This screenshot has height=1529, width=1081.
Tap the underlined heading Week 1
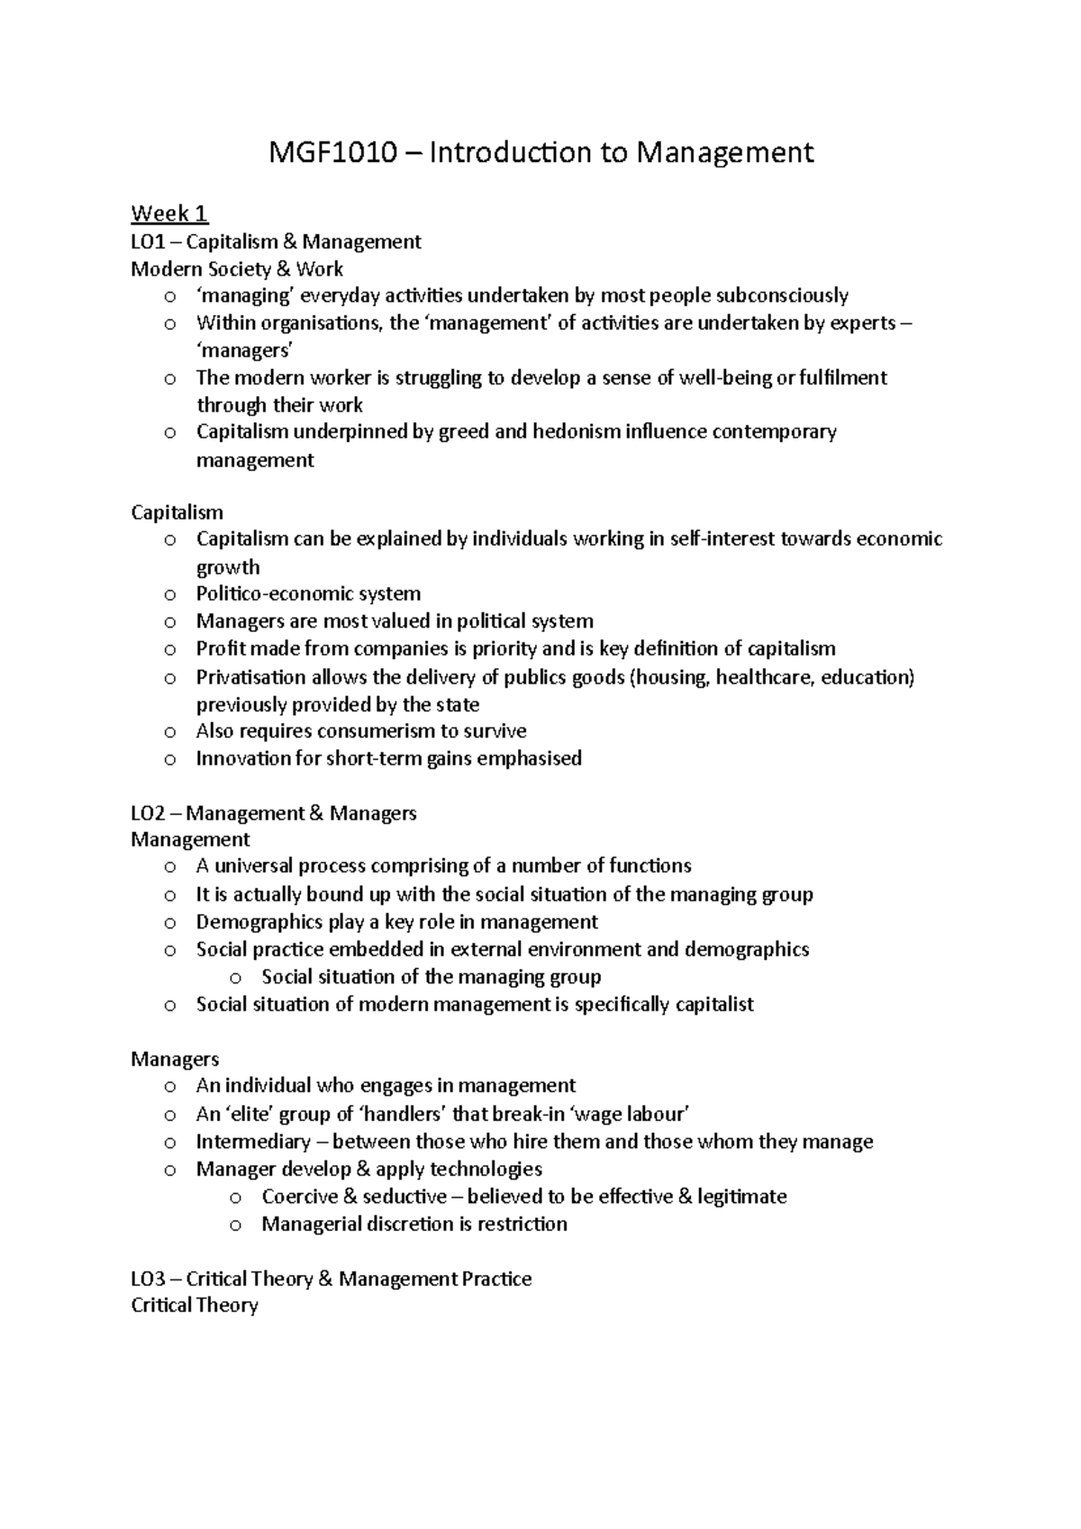pyautogui.click(x=169, y=213)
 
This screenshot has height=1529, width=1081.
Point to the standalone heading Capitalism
pyautogui.click(x=177, y=512)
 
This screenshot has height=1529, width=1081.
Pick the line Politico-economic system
pyautogui.click(x=308, y=594)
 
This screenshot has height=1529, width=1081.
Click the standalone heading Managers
pyautogui.click(x=175, y=1059)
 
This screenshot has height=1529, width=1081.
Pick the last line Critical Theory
pyautogui.click(x=195, y=1306)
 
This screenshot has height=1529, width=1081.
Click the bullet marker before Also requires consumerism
pyautogui.click(x=170, y=733)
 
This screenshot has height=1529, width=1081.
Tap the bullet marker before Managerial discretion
pyautogui.click(x=236, y=1226)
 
